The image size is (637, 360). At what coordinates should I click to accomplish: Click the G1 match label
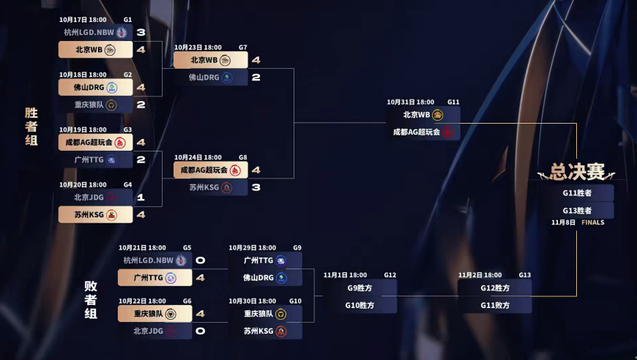pos(127,20)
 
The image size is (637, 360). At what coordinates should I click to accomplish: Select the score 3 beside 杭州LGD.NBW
pos(141,32)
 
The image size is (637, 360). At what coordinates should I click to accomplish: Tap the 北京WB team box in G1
pos(95,50)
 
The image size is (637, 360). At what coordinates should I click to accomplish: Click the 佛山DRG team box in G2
pos(95,87)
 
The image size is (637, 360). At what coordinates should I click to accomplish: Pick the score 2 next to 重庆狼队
pos(141,105)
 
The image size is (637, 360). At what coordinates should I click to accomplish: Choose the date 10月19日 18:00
pos(83,130)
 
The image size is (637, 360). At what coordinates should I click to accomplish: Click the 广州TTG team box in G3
pos(95,160)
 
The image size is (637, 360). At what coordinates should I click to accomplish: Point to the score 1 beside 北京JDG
pos(141,197)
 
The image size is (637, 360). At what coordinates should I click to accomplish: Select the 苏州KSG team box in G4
pos(95,214)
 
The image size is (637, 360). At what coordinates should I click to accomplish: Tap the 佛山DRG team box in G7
pos(210,77)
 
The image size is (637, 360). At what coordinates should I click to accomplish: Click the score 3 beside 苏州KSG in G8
pos(256,187)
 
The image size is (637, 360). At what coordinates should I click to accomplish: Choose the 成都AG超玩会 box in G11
pos(423,132)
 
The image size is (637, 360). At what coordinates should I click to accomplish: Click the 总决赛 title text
pos(578,173)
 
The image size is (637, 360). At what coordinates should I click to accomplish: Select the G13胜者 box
pos(577,211)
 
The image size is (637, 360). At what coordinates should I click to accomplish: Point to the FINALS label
pos(593,222)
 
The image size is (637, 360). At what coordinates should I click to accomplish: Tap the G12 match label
pos(390,275)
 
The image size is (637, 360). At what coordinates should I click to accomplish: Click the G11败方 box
pos(495,305)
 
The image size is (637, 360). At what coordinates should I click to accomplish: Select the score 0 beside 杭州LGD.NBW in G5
pos(200,260)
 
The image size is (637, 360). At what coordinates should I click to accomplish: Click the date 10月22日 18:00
pos(142,301)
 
